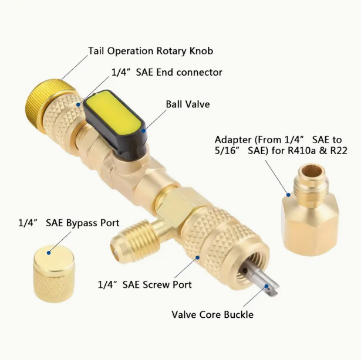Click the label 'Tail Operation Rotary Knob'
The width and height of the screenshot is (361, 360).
(150, 51)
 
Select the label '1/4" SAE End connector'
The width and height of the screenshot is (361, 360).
(167, 72)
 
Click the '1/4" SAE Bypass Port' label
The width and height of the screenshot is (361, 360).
(69, 223)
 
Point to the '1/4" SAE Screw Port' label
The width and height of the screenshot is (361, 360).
(145, 285)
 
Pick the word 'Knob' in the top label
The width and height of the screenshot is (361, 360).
(201, 51)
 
